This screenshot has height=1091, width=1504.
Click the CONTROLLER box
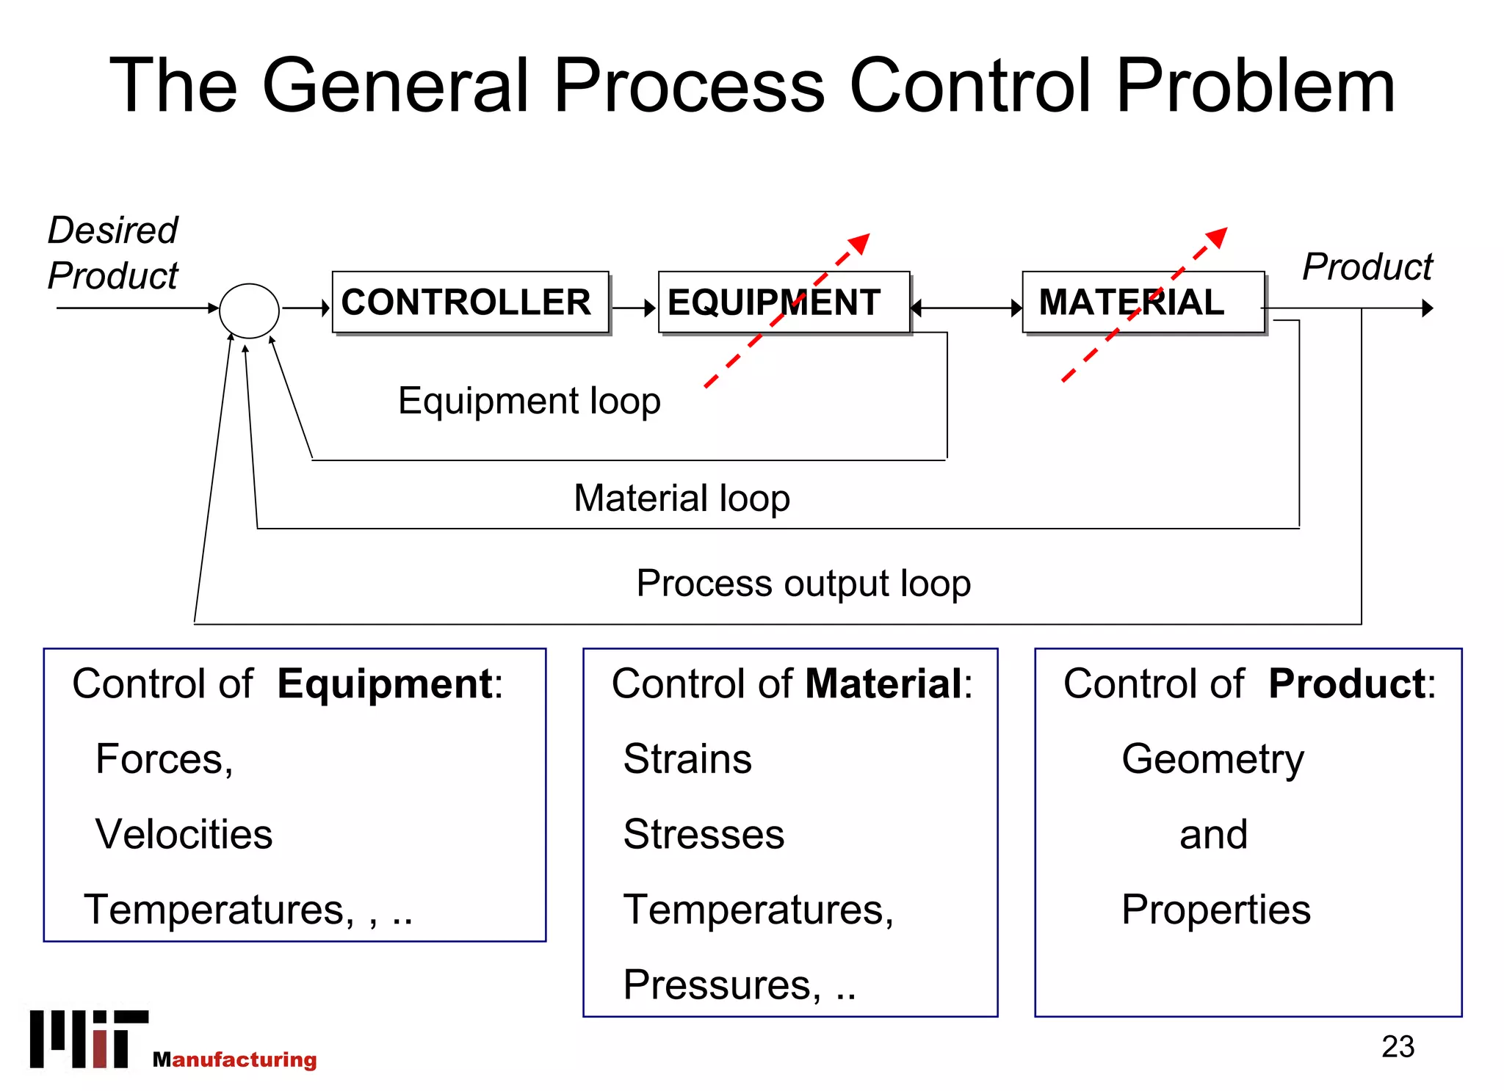tap(470, 302)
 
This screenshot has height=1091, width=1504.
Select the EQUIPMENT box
tap(784, 302)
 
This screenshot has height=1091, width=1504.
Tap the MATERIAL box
tap(1143, 302)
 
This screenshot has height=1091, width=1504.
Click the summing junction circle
tap(250, 311)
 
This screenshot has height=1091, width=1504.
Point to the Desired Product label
tap(112, 253)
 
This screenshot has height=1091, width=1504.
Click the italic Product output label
tap(1367, 267)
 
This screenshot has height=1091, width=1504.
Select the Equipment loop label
tap(529, 401)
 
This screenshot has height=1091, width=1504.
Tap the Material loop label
tap(681, 498)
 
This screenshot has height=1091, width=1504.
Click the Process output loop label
tap(803, 584)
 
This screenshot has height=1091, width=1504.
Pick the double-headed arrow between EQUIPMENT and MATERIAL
tap(966, 308)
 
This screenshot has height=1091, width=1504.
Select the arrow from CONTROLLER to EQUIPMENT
tap(634, 308)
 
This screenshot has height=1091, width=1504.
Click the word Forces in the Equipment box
tap(163, 758)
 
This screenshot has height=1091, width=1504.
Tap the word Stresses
tap(704, 834)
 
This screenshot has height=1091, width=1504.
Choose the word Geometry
tap(1212, 759)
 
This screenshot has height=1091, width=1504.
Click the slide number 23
tap(1397, 1046)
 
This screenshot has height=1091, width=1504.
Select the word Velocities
tap(184, 834)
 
